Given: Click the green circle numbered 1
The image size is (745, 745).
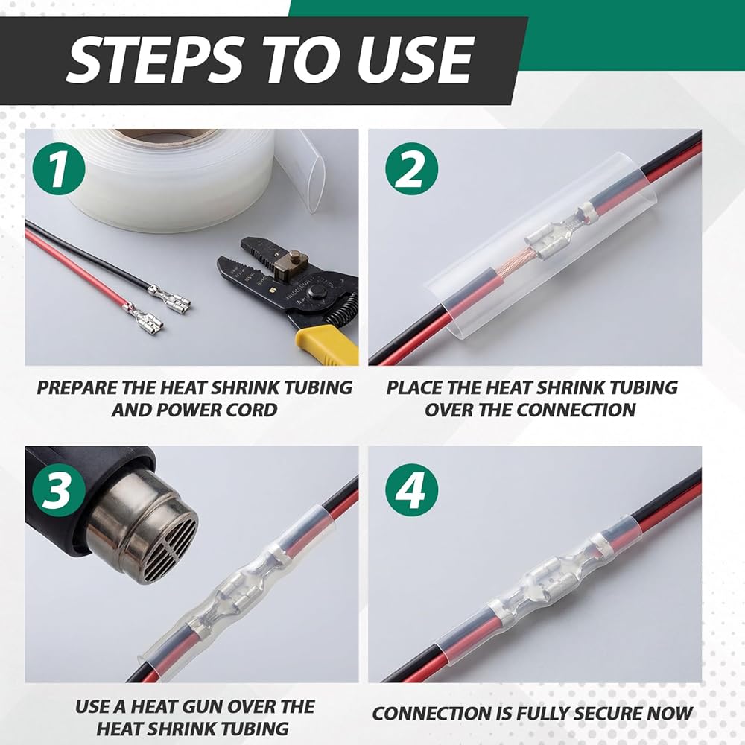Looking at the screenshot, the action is [x=59, y=168].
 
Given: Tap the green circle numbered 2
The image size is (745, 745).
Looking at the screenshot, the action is [x=411, y=168].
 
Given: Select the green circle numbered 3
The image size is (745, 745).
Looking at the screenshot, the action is [x=59, y=490].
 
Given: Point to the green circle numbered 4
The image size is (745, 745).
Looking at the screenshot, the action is [x=411, y=490].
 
